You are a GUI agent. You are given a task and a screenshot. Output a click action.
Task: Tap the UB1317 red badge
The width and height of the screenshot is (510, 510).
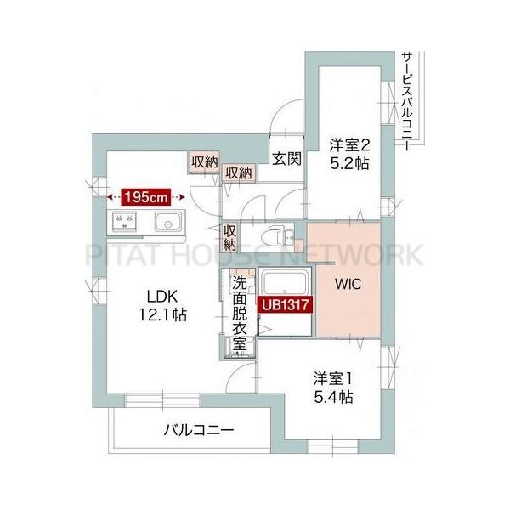284,302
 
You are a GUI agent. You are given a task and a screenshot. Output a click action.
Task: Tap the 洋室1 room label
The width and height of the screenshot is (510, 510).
331,379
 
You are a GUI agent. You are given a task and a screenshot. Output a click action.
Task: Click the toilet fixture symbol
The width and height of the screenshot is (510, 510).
275,235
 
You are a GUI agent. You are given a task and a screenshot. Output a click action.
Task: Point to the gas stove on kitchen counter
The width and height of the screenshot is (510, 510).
124,224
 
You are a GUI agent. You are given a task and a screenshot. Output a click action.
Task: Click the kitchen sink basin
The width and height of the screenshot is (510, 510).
167,224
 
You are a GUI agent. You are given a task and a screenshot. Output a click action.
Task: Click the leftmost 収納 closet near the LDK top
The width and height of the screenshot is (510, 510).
204,161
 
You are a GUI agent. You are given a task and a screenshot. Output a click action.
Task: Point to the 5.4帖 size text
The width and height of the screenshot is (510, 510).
331,397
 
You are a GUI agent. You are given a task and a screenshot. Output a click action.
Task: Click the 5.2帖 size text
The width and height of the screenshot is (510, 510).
349,164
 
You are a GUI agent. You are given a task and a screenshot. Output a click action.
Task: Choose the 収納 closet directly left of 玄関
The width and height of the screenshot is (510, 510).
238,173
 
